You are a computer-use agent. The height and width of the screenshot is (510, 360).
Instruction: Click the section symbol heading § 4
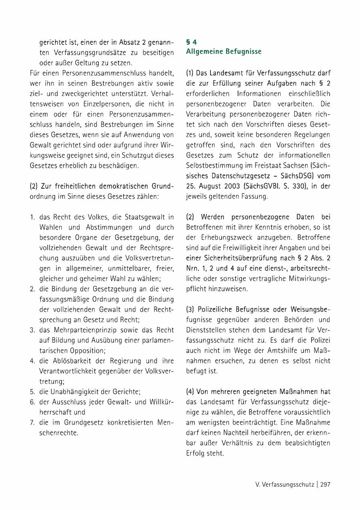(x=192, y=42)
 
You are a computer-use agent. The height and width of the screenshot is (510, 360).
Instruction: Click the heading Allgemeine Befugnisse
(x=224, y=52)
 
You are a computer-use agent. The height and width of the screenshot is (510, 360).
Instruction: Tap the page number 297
(x=325, y=484)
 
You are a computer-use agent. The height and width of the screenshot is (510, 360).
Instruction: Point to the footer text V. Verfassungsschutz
(x=284, y=484)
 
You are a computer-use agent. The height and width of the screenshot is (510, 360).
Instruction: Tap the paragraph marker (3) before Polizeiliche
(x=190, y=309)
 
